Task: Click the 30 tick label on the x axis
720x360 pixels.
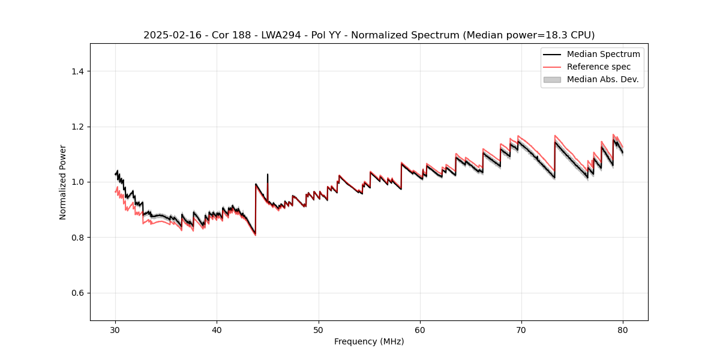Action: coord(115,330)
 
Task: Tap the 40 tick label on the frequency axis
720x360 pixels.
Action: coord(217,330)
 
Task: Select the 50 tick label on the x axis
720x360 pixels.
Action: coord(319,330)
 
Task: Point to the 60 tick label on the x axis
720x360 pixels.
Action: coord(420,330)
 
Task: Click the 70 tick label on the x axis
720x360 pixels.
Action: coord(521,330)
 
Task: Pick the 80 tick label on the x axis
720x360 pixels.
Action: coord(623,330)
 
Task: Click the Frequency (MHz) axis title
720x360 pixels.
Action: coord(369,341)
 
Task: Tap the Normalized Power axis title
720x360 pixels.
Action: coord(63,182)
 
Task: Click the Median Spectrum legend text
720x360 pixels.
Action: coord(603,54)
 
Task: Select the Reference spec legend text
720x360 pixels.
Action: coord(598,67)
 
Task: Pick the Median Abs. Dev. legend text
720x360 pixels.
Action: coord(602,79)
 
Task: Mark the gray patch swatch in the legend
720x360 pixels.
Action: coord(552,79)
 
